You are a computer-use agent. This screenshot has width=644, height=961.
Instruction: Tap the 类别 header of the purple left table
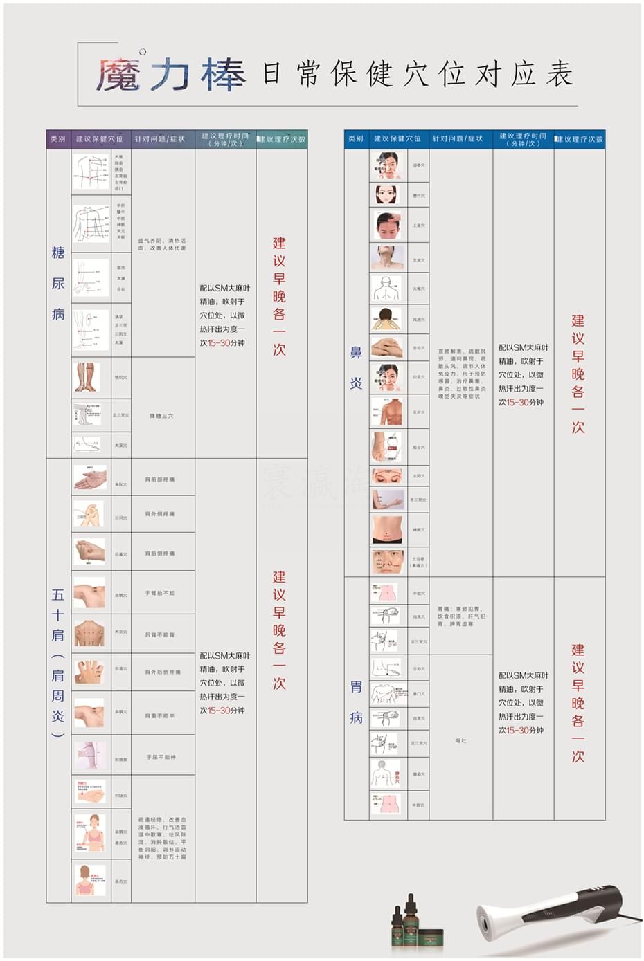[x=58, y=139]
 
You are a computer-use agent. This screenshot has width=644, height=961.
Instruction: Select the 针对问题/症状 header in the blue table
[x=458, y=139]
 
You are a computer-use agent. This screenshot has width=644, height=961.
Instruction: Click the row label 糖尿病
[x=58, y=283]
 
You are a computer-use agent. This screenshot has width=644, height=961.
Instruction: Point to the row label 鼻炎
[x=356, y=367]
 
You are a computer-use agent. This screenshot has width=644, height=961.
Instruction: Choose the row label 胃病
[x=356, y=702]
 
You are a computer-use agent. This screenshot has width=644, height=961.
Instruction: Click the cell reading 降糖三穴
[x=162, y=416]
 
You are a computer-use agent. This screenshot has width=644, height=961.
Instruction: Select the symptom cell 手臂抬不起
[x=160, y=593]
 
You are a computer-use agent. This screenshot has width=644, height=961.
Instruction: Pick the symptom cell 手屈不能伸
[x=161, y=757]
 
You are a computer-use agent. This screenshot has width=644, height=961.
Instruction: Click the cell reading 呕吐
[x=461, y=740]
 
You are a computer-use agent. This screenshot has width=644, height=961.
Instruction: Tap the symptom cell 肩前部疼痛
[x=160, y=479]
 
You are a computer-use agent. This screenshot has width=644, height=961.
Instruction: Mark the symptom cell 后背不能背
[x=160, y=634]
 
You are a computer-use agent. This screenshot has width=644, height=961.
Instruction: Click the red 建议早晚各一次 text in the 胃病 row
[x=578, y=703]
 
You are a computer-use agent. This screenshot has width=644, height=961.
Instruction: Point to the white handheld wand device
[x=547, y=910]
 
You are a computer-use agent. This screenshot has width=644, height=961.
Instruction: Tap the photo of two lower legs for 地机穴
[x=88, y=377]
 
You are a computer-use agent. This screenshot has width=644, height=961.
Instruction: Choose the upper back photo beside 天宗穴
[x=89, y=632]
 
